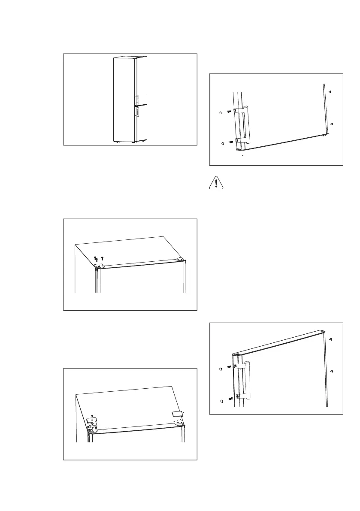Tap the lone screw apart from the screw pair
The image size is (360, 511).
pos(102,259)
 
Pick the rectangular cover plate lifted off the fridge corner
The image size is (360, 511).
pos(176,414)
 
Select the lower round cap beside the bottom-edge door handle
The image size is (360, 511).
pos(222,143)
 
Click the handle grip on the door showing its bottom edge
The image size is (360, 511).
pos(246,125)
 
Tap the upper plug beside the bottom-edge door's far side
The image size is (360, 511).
pos(330,92)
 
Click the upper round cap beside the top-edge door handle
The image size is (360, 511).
pos(221,368)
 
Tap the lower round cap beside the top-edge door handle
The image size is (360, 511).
pos(221,401)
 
